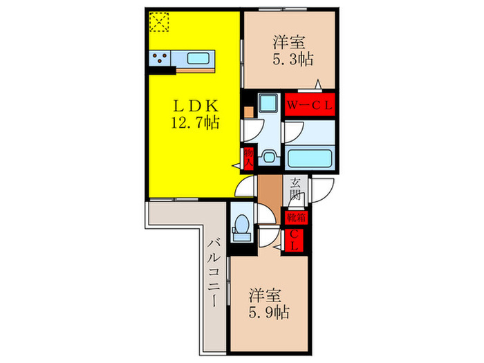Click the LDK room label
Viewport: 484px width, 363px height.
(x=195, y=106)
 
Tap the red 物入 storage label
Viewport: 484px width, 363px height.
(x=248, y=158)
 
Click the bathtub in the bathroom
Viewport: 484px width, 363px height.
(x=310, y=158)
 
